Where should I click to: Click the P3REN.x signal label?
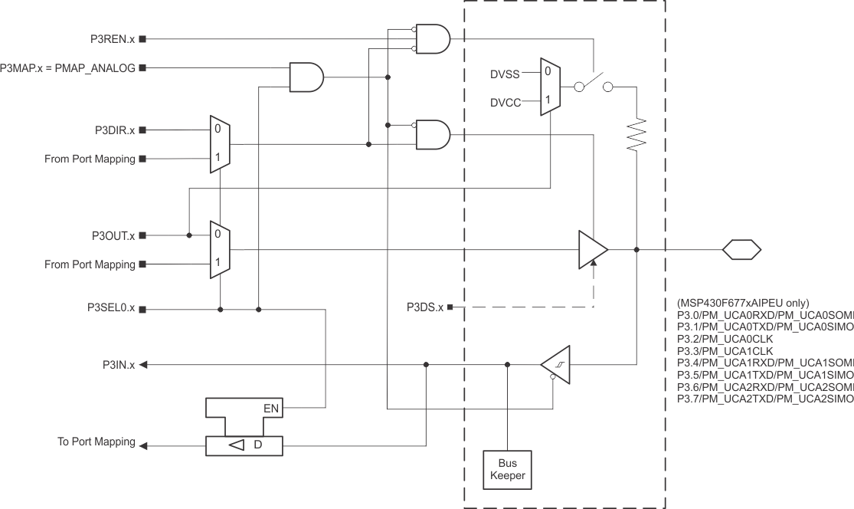(112, 38)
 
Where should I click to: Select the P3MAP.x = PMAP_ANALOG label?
(67, 68)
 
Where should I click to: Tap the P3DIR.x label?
(112, 130)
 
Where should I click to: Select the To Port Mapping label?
(97, 442)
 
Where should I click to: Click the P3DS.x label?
(424, 307)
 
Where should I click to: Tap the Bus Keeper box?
(507, 469)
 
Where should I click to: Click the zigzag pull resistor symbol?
(636, 136)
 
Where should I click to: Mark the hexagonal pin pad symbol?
(741, 249)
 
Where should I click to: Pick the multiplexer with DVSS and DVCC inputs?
(549, 87)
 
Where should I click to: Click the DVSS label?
(505, 74)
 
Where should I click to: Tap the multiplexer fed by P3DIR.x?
(220, 144)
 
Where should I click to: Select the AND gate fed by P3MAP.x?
(306, 77)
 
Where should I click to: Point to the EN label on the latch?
(271, 409)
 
